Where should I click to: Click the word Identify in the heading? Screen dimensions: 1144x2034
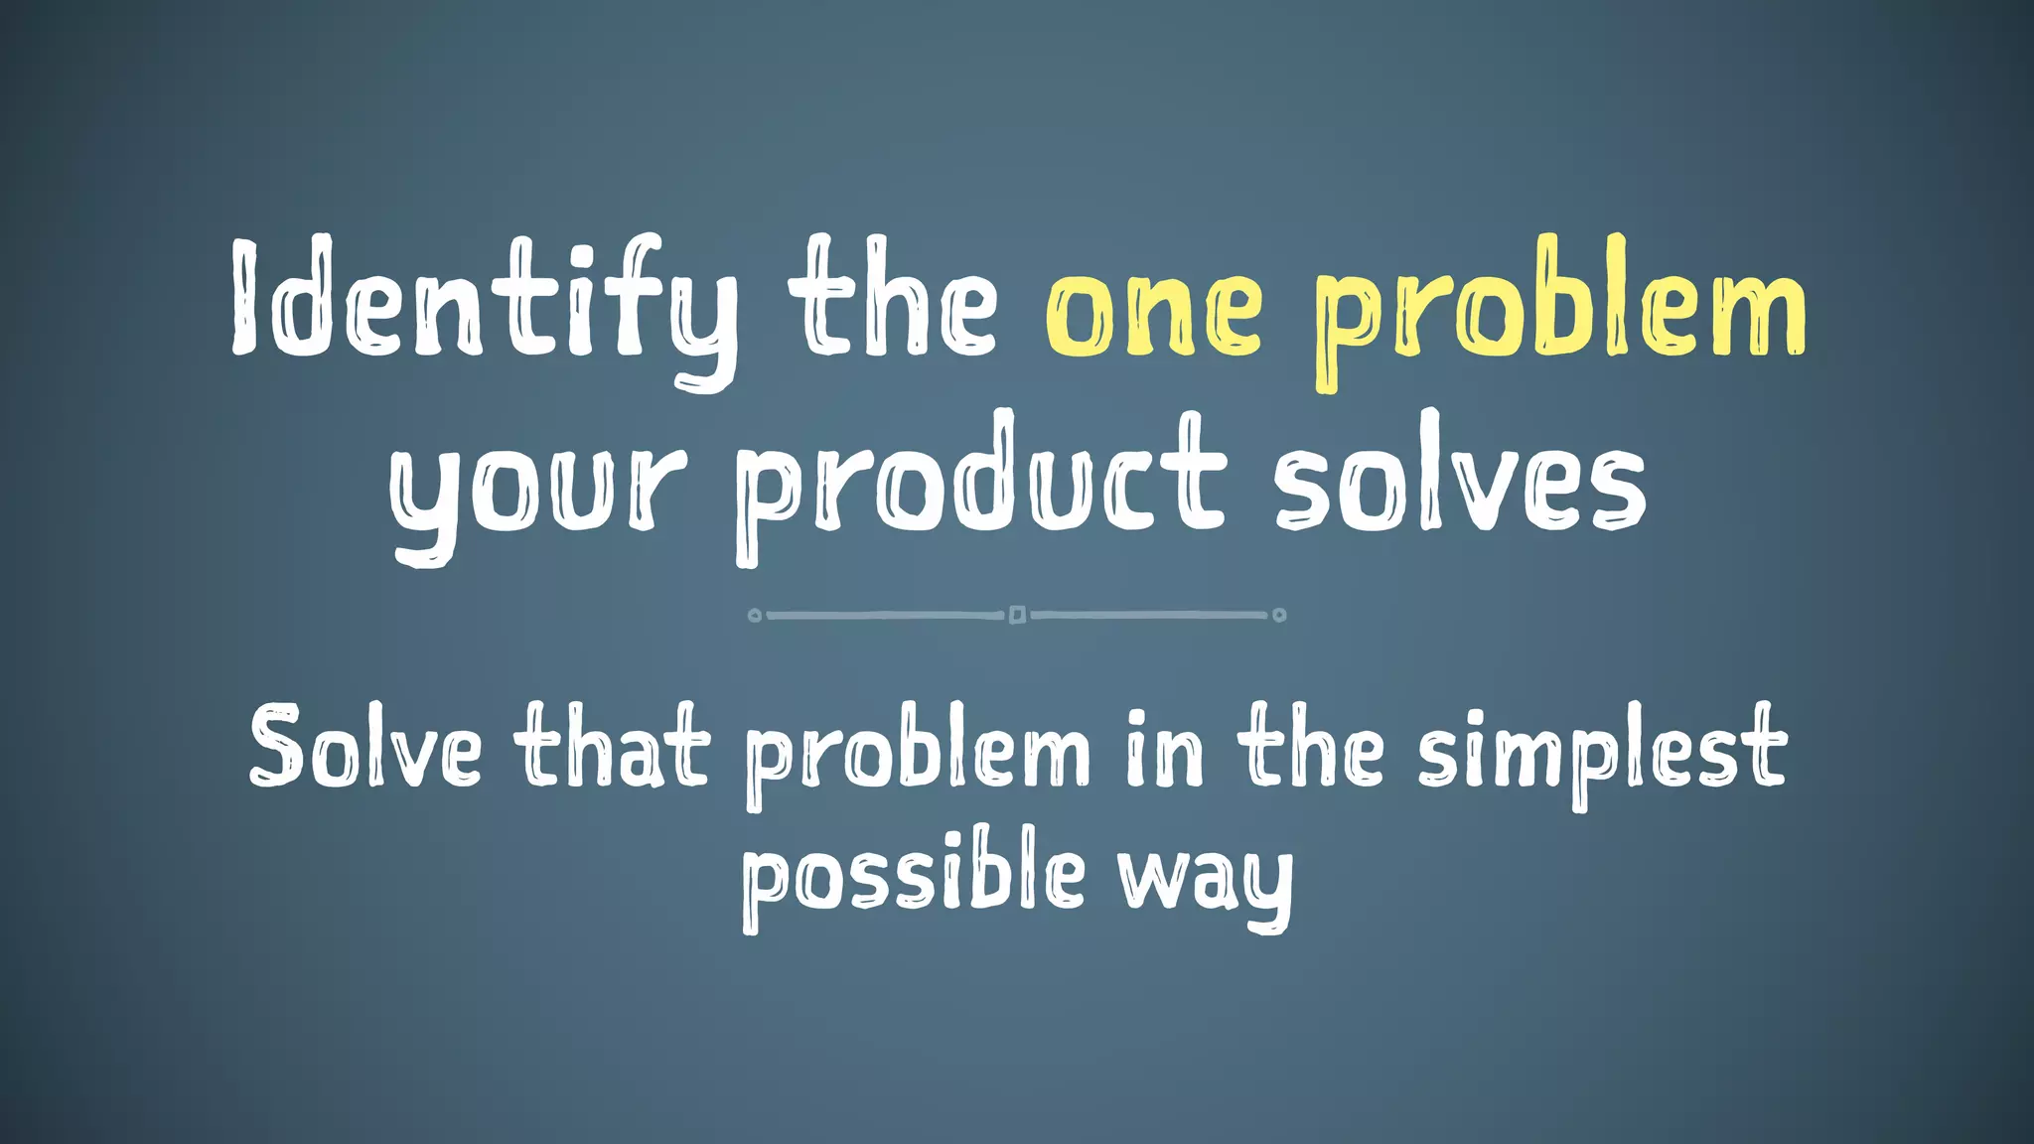485,303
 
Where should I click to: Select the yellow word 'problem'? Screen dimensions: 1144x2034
1560,308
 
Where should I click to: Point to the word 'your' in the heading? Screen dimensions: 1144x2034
537,492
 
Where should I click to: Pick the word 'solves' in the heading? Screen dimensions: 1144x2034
1460,482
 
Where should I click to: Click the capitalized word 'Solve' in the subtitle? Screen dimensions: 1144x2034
364,747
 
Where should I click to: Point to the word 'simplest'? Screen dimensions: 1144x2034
1601,750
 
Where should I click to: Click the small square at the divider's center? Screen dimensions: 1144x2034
1017,615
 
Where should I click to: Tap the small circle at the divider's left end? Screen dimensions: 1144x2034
755,616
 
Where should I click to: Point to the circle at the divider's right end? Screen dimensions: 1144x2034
1279,616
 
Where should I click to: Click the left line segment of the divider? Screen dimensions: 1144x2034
884,616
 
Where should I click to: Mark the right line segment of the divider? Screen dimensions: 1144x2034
1150,616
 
